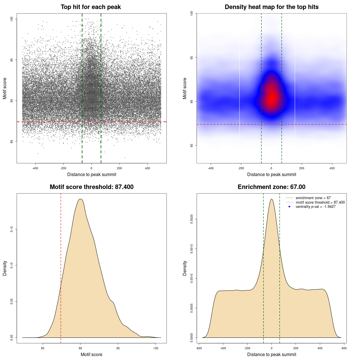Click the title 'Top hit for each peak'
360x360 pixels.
pos(91,7)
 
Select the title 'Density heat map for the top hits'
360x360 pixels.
pos(271,7)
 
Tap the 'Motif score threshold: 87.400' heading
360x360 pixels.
pos(91,187)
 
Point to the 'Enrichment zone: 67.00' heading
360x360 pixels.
pos(271,187)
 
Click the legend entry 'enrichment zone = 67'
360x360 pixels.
pos(313,198)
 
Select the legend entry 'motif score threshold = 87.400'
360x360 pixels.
pos(320,202)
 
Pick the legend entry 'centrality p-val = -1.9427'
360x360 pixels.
pos(316,207)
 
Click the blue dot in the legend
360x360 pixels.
pos(289,207)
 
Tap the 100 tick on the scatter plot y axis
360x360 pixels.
pos(12,19)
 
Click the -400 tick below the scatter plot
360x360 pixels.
pos(35,168)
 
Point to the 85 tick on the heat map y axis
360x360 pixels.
pos(192,145)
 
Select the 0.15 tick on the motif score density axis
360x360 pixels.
pos(12,229)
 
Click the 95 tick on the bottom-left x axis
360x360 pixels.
pos(118,348)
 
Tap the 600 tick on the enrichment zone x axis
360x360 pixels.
pos(344,348)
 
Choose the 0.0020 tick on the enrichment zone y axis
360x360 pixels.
pos(192,219)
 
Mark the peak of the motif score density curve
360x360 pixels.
pos(80,199)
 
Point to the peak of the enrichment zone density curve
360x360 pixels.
pos(271,199)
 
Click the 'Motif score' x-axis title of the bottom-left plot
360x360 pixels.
pos(91,354)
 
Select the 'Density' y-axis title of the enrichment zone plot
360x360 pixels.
pos(185,268)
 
